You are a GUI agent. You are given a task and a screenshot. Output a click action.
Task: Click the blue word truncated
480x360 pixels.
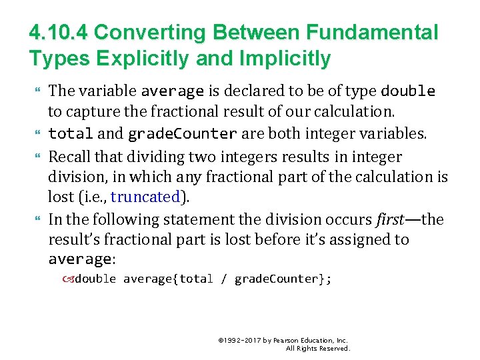pyautogui.click(x=146, y=197)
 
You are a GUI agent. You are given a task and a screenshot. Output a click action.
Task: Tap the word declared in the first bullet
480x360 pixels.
pyautogui.click(x=255, y=91)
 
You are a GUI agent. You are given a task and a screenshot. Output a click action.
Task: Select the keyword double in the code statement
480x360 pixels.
pyautogui.click(x=95, y=279)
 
